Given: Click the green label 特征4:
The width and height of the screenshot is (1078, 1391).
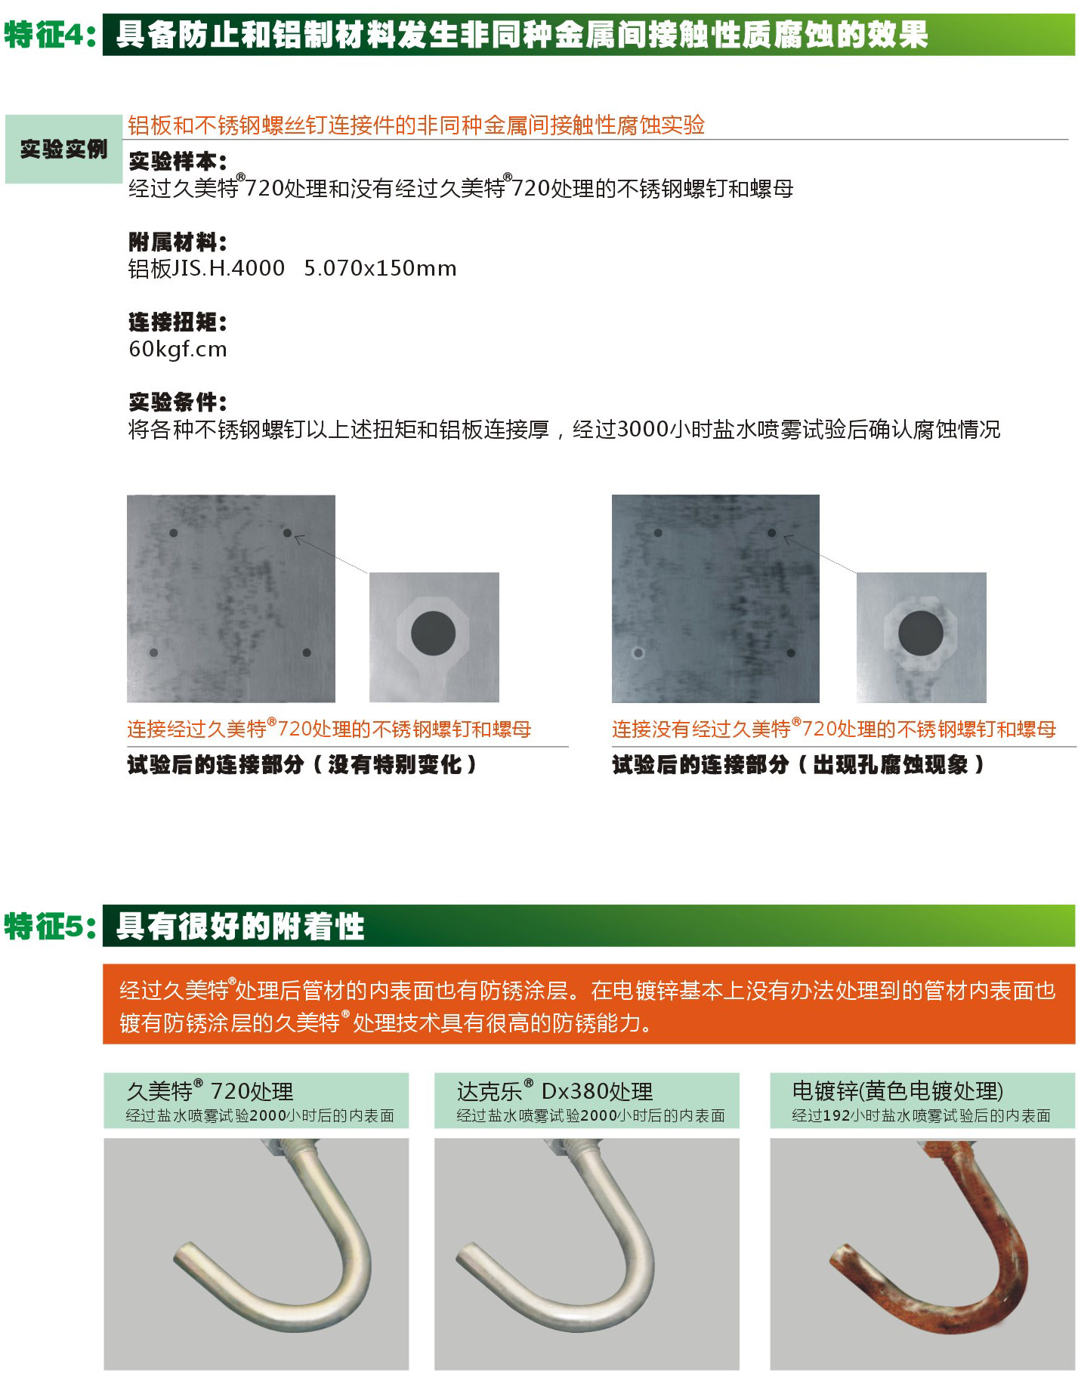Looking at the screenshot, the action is click(x=50, y=35).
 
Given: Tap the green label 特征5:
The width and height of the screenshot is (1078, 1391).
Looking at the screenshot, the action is click(x=50, y=926).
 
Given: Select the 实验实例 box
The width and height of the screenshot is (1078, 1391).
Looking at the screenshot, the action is click(x=63, y=149).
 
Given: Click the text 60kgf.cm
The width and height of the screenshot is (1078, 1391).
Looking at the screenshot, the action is click(x=178, y=349).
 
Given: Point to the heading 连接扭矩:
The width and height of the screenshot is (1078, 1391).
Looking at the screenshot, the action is click(x=178, y=322).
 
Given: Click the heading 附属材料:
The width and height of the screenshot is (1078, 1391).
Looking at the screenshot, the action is click(x=178, y=242).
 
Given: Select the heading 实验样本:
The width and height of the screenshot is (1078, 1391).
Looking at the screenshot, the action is click(x=178, y=161).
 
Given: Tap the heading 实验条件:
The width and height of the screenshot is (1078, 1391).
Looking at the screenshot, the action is click(x=178, y=402).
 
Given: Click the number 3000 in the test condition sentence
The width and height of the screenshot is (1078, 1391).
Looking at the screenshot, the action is click(x=643, y=429).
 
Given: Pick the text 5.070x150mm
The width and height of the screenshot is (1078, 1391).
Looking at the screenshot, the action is click(x=380, y=268).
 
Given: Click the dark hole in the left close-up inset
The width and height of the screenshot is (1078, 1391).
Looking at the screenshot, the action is click(x=433, y=633).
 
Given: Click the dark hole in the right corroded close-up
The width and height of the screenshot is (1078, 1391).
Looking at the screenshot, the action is click(x=920, y=633).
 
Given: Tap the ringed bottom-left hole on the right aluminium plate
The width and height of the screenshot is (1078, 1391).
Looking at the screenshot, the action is click(x=638, y=653).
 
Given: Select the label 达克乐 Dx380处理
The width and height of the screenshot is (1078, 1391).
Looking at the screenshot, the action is click(x=554, y=1091).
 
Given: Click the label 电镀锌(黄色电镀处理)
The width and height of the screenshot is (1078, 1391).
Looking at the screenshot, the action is click(x=897, y=1091).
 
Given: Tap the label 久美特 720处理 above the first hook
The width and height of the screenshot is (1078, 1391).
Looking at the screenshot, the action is click(x=210, y=1091).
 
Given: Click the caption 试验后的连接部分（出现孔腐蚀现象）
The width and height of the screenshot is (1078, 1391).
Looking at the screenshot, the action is click(x=798, y=765).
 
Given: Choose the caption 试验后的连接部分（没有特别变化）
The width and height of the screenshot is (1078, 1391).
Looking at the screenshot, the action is click(x=302, y=765).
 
